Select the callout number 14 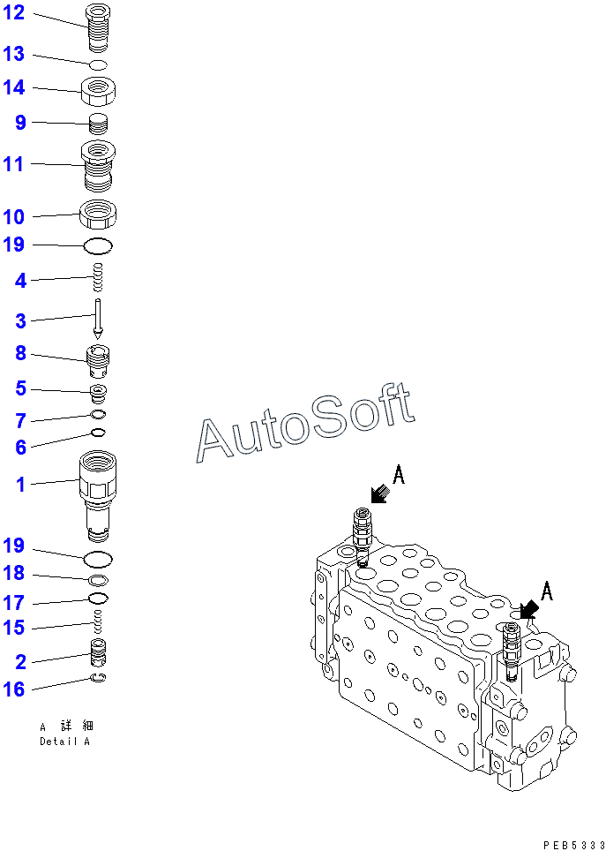(15, 87)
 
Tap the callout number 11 (13, 163)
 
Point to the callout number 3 (20, 321)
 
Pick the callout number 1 (20, 483)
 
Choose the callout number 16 (15, 689)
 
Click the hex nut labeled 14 (99, 89)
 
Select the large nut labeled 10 (99, 214)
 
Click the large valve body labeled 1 (98, 494)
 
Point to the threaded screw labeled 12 (98, 29)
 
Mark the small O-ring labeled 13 (99, 64)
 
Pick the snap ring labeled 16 (100, 678)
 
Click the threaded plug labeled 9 (99, 124)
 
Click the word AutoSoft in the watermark (305, 425)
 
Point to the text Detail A (64, 742)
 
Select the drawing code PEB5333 (573, 845)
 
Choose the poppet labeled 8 (98, 358)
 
